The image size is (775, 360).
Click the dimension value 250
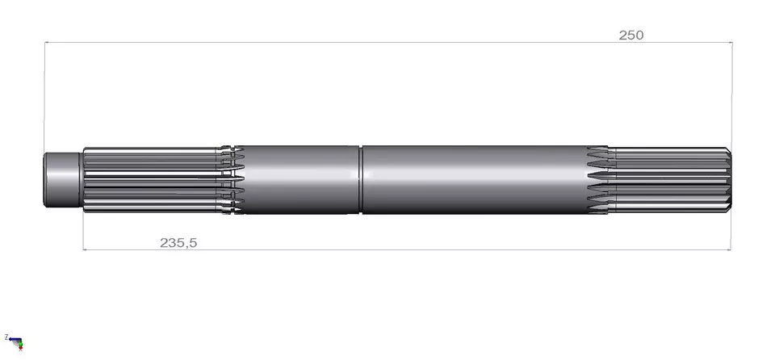coord(631,35)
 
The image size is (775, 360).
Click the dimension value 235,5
coord(178,243)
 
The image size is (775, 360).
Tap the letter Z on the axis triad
coord(6,337)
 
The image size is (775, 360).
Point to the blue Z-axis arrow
coord(15,340)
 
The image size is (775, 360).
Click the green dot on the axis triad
coord(19,344)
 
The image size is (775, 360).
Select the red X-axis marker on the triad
coord(21,348)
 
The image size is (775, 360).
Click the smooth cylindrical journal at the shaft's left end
coord(63,180)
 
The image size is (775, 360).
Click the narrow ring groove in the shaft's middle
coord(361,180)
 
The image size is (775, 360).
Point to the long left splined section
coord(153,180)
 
